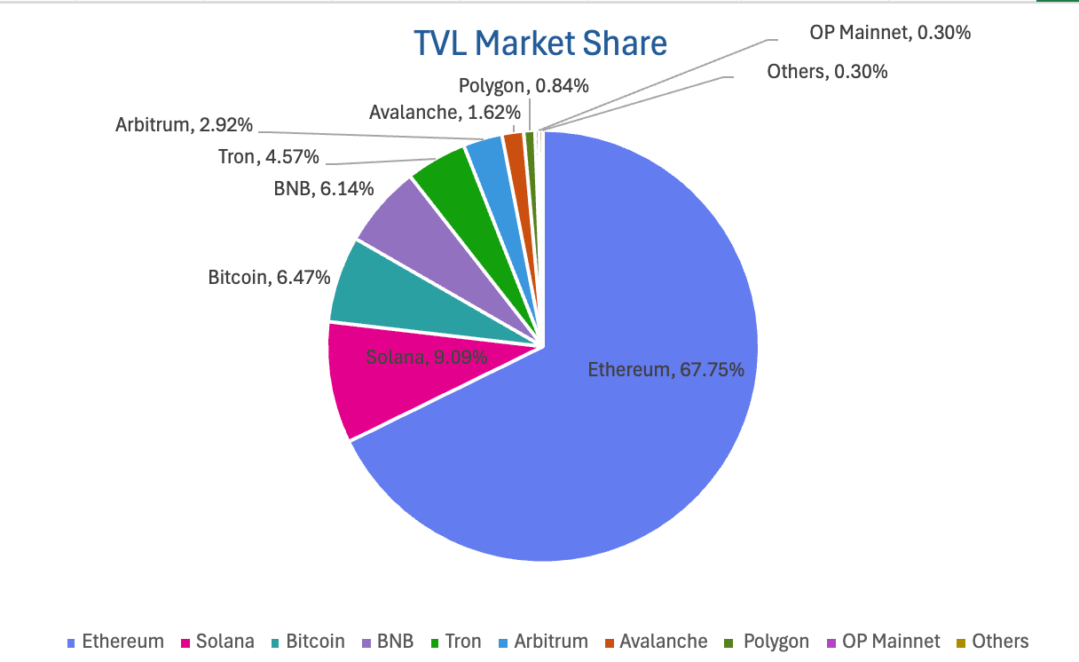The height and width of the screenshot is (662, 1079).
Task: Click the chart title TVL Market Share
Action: pyautogui.click(x=540, y=43)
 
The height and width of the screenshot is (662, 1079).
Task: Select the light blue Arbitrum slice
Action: pyautogui.click(x=487, y=156)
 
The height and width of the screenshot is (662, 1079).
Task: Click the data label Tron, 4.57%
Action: pyautogui.click(x=269, y=158)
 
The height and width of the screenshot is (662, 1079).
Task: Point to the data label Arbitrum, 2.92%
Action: pyautogui.click(x=184, y=125)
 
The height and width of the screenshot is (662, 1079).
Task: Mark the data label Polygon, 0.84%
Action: pyautogui.click(x=524, y=86)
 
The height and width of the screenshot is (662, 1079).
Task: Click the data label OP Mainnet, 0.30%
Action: pyautogui.click(x=890, y=34)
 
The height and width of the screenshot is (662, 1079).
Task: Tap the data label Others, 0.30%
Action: pyautogui.click(x=827, y=72)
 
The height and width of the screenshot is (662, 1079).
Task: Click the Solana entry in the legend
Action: pyautogui.click(x=217, y=642)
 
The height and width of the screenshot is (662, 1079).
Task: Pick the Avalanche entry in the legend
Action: pyautogui.click(x=656, y=642)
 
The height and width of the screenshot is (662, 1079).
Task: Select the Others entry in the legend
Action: pyautogui.click(x=992, y=642)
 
